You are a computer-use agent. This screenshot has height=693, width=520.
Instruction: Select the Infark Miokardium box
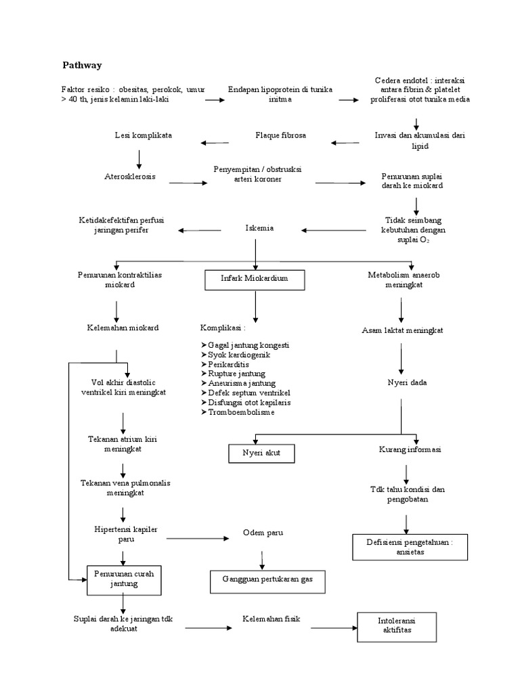coord(255,279)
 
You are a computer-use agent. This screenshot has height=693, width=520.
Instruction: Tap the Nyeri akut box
coord(261,453)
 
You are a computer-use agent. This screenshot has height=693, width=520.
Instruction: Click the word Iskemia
coord(259,228)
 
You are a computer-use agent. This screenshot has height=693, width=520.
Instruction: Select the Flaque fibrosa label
coord(281,135)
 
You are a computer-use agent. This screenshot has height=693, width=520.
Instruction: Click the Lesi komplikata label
coord(143,135)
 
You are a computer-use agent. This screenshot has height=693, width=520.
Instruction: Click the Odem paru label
coord(263,533)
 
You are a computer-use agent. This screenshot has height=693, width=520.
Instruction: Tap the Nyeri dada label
coord(402,382)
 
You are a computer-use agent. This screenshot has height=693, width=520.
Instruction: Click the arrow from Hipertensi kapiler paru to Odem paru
coord(198,538)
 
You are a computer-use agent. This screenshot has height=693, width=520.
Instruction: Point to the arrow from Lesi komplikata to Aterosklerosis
coord(139,158)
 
